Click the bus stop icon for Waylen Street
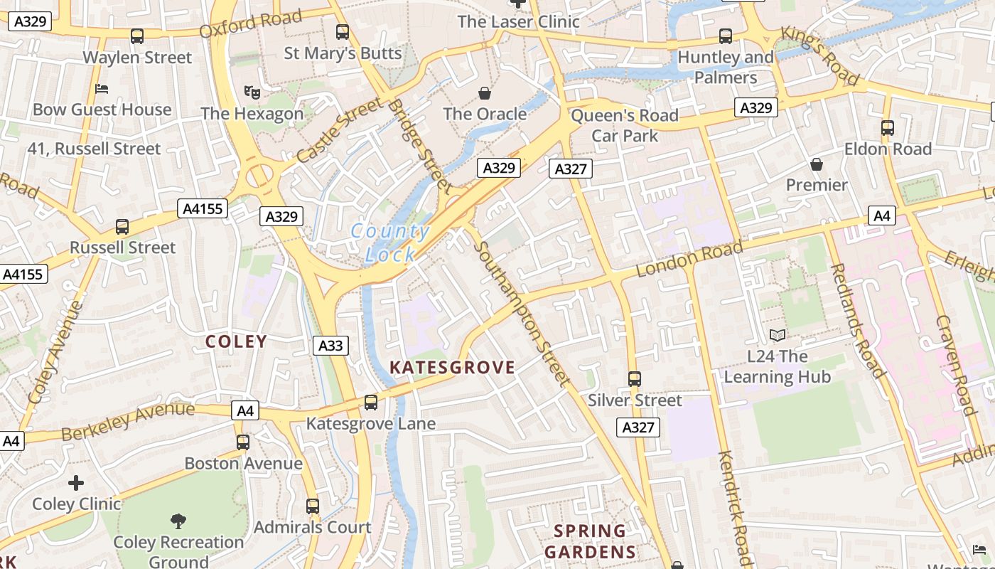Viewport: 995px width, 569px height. coord(137,36)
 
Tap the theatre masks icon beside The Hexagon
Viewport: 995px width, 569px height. coord(252,92)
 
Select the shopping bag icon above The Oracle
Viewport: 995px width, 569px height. coord(485,93)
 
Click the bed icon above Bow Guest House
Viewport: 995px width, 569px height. coord(102,89)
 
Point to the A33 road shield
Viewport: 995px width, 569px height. coord(330,346)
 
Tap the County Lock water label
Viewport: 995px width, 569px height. coord(390,243)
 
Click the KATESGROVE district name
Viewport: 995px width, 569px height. coord(452,367)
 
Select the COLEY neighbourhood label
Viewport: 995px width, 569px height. coord(236,341)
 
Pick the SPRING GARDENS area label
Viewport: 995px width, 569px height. coord(590,541)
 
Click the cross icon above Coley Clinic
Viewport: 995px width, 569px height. coord(76,483)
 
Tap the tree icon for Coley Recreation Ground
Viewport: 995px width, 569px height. coord(178,521)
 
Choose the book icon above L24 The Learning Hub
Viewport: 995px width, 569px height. coord(778,335)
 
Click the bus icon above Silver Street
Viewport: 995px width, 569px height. coord(635,379)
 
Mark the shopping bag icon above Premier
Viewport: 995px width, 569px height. coord(817,164)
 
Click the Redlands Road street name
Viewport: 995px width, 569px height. coord(857,320)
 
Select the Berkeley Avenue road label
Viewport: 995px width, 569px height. coord(127,420)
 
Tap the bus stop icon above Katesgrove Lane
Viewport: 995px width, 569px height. coord(371,403)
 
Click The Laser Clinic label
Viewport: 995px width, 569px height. coord(519,21)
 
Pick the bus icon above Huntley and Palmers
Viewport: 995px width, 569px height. coord(726,36)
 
